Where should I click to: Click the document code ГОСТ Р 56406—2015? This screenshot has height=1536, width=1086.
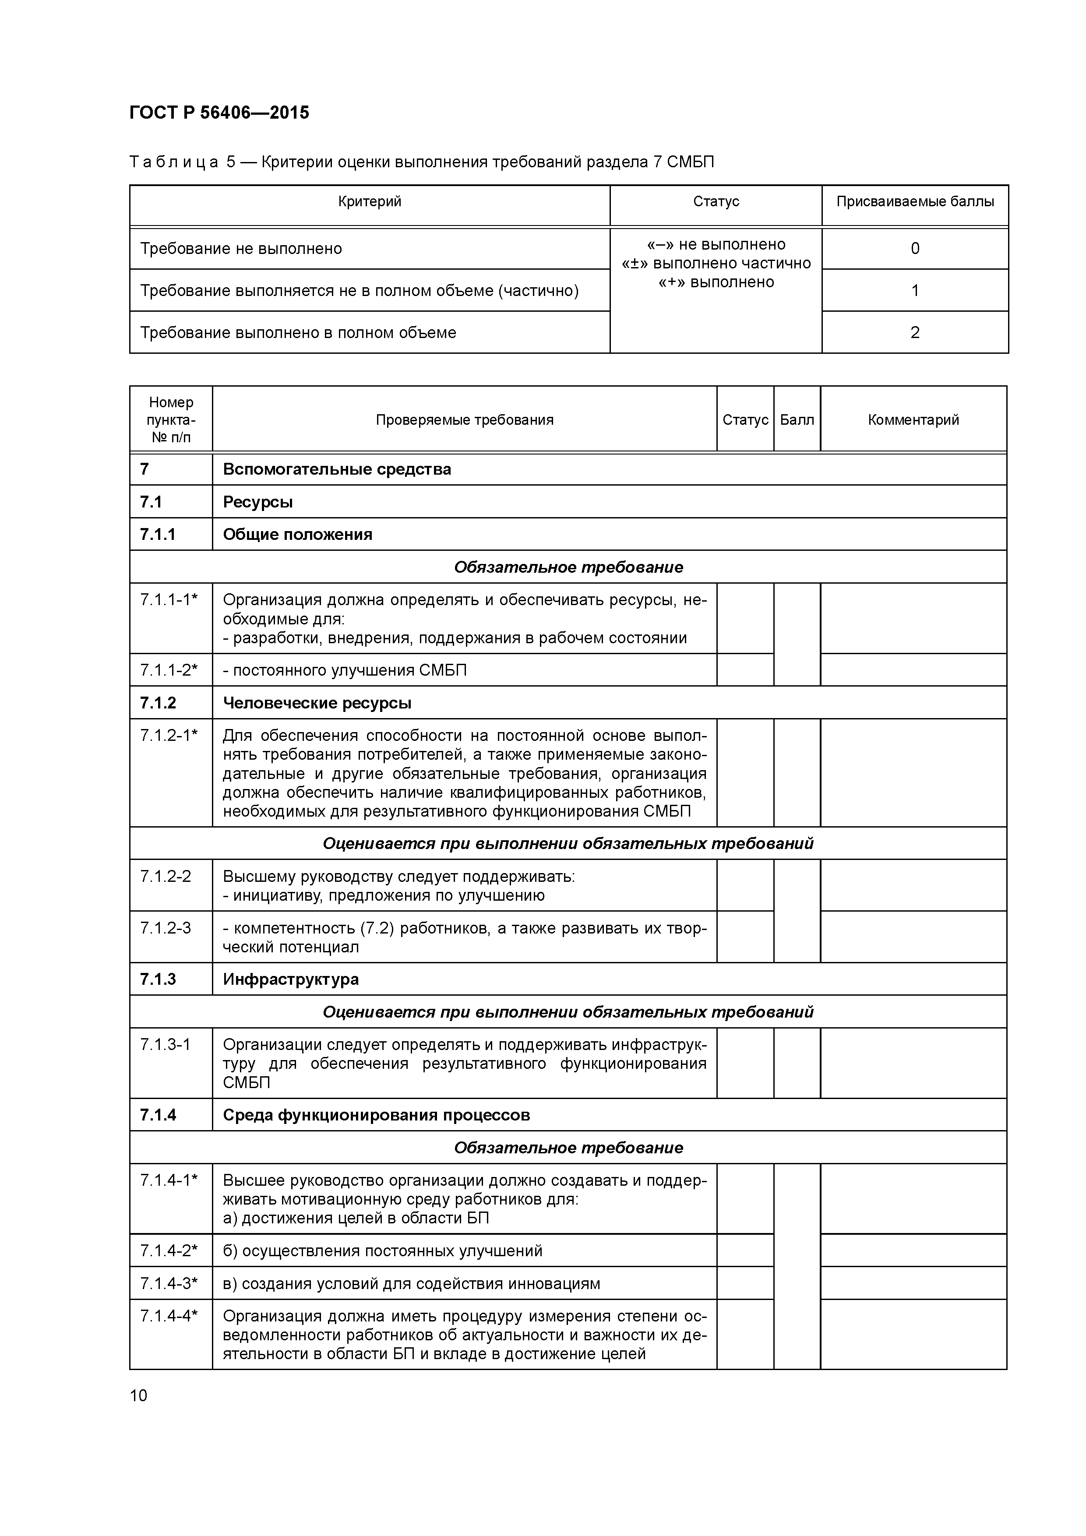point(219,113)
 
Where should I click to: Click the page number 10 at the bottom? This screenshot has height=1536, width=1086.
point(138,1395)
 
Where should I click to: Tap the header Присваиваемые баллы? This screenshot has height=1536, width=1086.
point(915,201)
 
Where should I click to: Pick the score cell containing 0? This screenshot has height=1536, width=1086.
point(915,249)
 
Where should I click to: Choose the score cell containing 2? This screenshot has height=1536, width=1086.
point(915,332)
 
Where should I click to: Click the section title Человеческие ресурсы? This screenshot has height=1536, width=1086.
point(317,703)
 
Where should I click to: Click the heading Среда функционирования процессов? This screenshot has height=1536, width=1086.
point(376,1115)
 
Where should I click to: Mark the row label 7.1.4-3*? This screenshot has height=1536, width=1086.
point(169,1284)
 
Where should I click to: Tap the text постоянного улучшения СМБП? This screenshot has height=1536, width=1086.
point(345,670)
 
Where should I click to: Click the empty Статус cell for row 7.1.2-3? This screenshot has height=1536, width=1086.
point(745,937)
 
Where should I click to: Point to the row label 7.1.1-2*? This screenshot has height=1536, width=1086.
point(169,670)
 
